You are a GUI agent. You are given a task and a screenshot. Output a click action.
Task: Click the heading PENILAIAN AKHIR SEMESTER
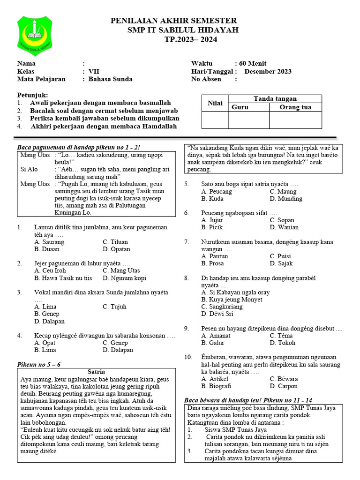[173, 21]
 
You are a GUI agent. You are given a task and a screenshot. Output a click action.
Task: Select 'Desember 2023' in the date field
[268, 72]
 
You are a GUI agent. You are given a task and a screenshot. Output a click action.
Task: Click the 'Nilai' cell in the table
[215, 103]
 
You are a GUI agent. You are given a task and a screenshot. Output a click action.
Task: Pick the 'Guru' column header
[240, 107]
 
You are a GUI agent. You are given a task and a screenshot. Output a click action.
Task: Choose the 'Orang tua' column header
[295, 107]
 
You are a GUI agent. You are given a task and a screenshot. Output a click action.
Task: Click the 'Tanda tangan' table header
[275, 99]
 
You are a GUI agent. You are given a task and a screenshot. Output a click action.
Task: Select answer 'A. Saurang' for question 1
[49, 242]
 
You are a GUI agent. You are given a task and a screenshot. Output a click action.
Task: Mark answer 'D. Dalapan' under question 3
[49, 322]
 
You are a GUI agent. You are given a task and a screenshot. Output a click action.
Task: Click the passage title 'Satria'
[96, 372]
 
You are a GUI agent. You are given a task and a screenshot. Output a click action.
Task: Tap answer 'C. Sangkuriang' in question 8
[222, 307]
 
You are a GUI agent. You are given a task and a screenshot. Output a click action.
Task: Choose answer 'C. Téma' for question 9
[281, 336]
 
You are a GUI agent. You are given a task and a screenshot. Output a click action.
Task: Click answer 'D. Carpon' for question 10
[284, 386]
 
